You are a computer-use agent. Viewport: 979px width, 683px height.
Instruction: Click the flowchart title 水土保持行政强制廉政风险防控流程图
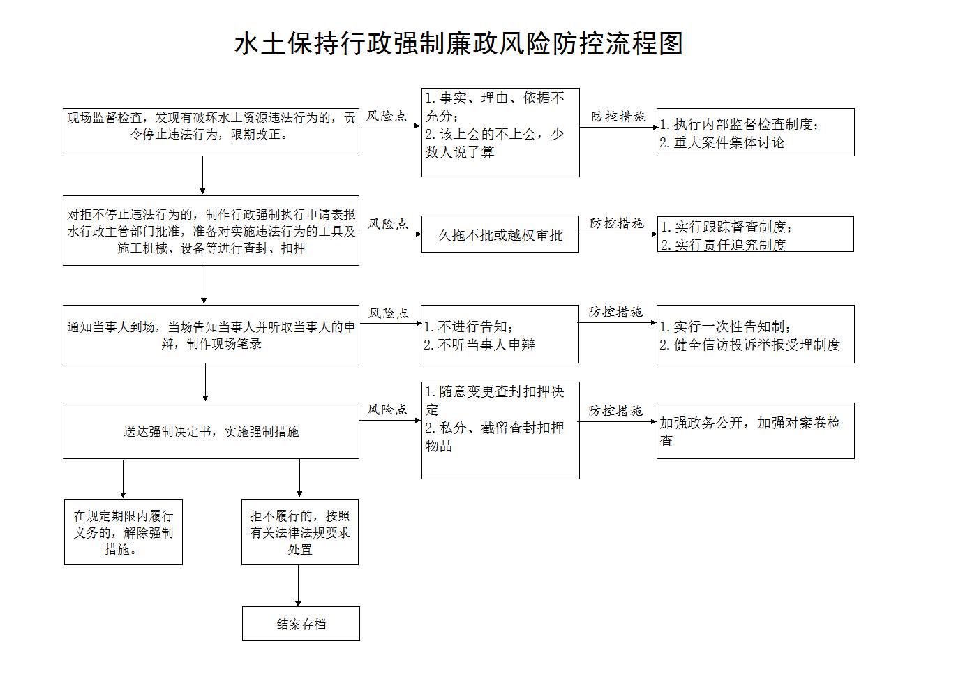point(458,44)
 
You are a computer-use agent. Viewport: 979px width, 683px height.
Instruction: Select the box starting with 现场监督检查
point(211,132)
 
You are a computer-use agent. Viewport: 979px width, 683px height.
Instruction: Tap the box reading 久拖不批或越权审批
point(500,234)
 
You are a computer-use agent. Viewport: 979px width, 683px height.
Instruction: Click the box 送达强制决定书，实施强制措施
point(211,431)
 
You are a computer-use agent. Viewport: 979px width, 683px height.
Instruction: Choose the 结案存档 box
point(301,624)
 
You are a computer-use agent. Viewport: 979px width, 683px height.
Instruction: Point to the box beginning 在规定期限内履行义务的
point(124,532)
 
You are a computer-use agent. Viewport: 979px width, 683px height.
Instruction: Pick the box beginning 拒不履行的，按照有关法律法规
point(300,532)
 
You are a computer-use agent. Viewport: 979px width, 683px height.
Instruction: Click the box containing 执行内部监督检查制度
point(755,132)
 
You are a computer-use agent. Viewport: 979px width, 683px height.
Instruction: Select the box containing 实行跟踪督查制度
point(755,234)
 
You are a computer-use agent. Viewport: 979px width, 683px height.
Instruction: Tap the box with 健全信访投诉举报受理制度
point(755,334)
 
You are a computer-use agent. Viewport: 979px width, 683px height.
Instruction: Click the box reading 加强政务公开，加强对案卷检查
point(755,431)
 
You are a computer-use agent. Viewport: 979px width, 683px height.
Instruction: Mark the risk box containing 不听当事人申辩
point(500,334)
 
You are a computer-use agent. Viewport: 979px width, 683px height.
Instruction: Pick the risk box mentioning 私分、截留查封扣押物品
point(500,430)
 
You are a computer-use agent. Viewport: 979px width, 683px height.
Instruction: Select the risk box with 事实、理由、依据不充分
point(500,133)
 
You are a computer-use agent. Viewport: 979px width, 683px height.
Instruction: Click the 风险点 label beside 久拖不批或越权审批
point(388,224)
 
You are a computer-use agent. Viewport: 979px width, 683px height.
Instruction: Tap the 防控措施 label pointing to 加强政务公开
point(615,411)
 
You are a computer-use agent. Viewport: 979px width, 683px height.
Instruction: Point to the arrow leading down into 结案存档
point(299,585)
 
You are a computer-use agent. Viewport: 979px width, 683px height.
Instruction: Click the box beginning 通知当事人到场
point(211,334)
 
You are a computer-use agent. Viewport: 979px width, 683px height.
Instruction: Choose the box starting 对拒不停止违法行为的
point(211,231)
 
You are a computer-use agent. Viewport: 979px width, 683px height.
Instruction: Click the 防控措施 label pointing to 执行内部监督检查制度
point(618,117)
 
